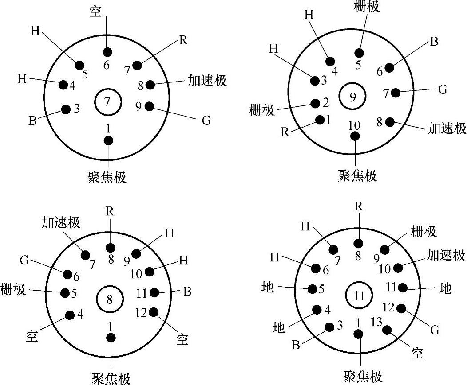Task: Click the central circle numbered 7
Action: tap(107, 101)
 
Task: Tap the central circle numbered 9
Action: tap(352, 97)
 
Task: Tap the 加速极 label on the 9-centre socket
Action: tap(447, 128)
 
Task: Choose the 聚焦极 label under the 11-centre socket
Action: tap(363, 377)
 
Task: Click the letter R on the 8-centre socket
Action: tap(110, 211)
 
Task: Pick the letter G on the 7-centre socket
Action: tap(206, 121)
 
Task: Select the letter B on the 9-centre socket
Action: tap(434, 43)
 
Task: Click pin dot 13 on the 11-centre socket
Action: tap(387, 330)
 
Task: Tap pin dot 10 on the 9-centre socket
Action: tap(355, 136)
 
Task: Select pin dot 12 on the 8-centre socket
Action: tap(154, 312)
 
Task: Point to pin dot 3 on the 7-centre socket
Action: tap(66, 109)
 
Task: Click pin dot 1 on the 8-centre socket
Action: tap(111, 338)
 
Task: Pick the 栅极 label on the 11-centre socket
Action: tap(423, 231)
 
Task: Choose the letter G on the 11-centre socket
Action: tap(435, 330)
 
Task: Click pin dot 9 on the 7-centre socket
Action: tap(149, 106)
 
